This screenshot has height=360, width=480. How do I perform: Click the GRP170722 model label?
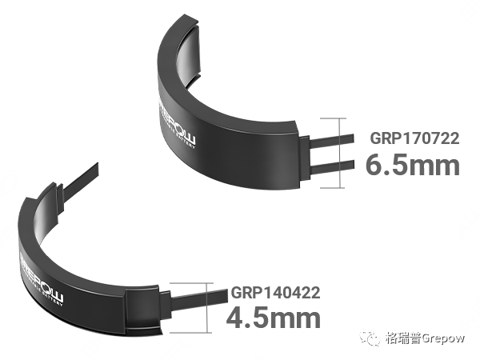(x=414, y=138)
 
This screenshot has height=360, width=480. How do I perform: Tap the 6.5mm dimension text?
(x=413, y=166)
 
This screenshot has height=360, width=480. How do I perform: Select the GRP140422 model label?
(x=276, y=293)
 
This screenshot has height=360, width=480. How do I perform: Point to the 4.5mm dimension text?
(x=274, y=318)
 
